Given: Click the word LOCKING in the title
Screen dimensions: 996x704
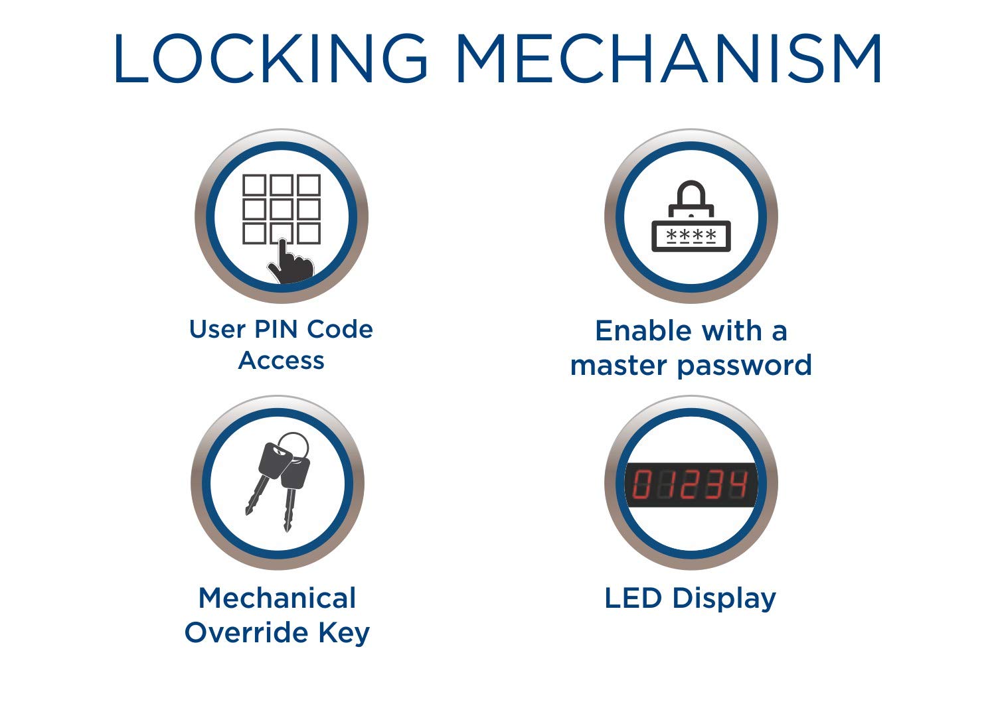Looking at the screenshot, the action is [x=270, y=58].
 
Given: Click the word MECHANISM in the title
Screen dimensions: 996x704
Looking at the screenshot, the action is [x=669, y=58].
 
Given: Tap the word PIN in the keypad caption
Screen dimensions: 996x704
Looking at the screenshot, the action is [x=276, y=329].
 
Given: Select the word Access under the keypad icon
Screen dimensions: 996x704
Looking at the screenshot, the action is [x=281, y=360].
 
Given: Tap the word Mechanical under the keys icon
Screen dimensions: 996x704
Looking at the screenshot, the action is [x=277, y=598].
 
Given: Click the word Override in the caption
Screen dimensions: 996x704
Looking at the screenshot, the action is [x=246, y=632].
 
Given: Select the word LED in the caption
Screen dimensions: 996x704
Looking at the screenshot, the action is [x=633, y=598].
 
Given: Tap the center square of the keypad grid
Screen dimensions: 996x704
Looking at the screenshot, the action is [x=282, y=209].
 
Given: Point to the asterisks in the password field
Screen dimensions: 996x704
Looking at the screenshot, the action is [x=691, y=235].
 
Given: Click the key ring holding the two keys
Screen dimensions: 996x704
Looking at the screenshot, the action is [x=293, y=446].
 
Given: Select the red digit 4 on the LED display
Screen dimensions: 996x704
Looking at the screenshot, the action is [x=738, y=484].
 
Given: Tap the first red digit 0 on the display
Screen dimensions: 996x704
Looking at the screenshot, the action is [x=641, y=484].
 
